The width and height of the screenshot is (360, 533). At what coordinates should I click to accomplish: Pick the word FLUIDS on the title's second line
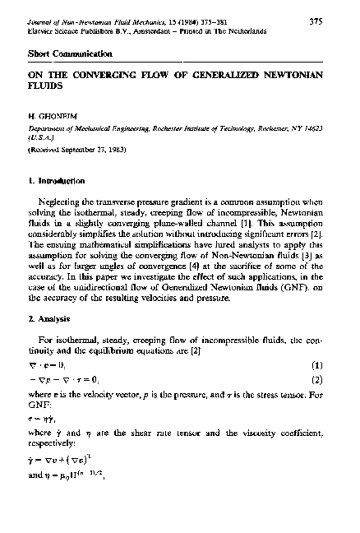(44, 85)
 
